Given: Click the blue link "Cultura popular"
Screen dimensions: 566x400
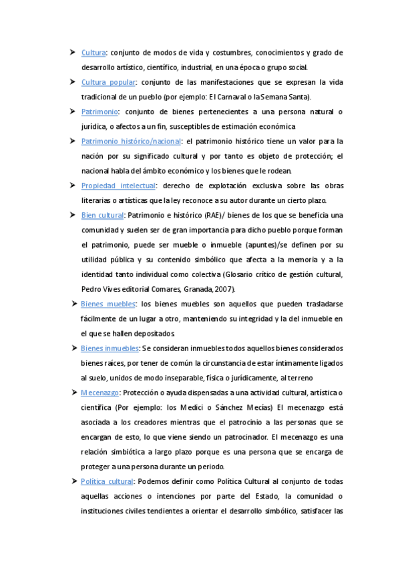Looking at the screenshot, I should [108, 82].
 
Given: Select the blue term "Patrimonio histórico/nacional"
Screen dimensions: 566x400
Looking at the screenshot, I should [132, 141].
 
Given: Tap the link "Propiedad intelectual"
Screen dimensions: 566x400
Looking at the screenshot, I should [118, 186].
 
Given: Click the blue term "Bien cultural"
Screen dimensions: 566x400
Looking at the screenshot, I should [102, 215].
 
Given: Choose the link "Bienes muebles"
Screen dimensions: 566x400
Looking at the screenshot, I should [108, 304].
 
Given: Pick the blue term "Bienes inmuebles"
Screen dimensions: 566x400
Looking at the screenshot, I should [110, 348].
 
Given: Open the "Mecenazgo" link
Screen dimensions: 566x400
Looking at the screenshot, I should [99, 392].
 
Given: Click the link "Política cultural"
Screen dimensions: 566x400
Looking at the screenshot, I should [108, 481].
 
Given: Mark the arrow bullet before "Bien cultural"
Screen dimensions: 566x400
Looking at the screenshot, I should [73, 215].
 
